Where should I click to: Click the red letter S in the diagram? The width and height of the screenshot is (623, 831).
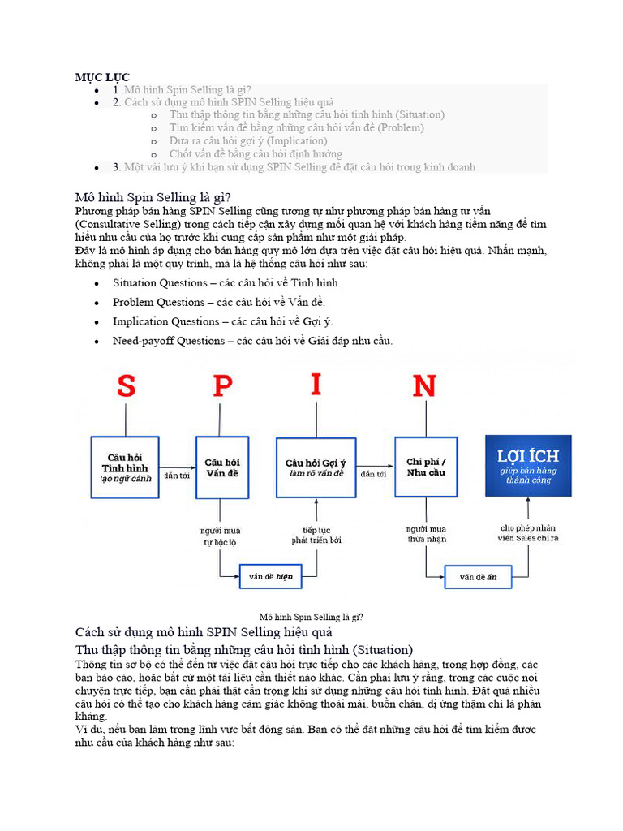coord(126,386)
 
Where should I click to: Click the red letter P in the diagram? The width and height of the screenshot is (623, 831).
coord(222,386)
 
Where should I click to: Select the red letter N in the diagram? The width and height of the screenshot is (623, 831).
coord(424,386)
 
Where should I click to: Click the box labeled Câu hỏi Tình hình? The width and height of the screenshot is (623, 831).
coord(124,467)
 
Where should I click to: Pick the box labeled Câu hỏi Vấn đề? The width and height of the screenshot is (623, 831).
coord(222,467)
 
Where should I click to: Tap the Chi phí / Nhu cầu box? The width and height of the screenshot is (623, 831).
coord(426,467)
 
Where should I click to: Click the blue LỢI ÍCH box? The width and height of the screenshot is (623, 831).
coord(528,466)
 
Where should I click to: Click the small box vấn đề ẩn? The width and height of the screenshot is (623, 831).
coord(478,577)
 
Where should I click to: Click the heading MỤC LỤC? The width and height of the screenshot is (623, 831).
coord(103,76)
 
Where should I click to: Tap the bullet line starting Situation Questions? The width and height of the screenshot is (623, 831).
coord(226,283)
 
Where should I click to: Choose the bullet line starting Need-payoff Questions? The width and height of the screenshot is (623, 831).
coord(252,341)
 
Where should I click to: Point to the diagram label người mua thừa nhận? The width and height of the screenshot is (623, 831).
coord(426,534)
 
